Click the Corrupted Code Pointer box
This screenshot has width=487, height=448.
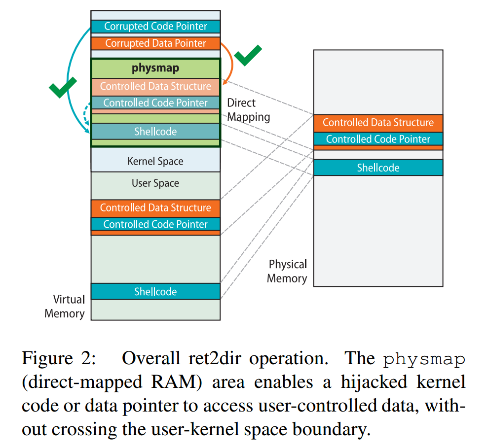(x=155, y=27)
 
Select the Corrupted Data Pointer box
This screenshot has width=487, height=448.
(x=155, y=43)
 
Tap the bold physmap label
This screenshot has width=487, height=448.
(x=155, y=68)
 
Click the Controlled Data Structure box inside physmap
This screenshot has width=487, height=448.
(x=155, y=87)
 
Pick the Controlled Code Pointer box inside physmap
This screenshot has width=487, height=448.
(x=155, y=103)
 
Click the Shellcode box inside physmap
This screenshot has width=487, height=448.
(x=155, y=132)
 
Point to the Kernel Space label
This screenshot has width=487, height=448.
(x=155, y=161)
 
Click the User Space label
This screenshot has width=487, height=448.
(x=155, y=183)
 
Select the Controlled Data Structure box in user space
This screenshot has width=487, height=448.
(x=155, y=208)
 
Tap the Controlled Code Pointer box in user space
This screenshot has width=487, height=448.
(x=155, y=224)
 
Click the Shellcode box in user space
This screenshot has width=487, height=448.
(x=155, y=292)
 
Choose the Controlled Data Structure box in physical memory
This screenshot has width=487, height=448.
(x=378, y=123)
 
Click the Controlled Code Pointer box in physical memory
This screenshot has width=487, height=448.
(x=378, y=139)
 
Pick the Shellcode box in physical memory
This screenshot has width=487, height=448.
(x=378, y=168)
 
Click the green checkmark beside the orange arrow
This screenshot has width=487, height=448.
(x=248, y=55)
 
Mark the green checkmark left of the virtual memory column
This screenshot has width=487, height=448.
(x=63, y=88)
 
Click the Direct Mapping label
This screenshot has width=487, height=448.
(x=249, y=110)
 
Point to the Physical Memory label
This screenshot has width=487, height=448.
(x=287, y=272)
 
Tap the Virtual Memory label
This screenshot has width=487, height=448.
(x=65, y=307)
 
